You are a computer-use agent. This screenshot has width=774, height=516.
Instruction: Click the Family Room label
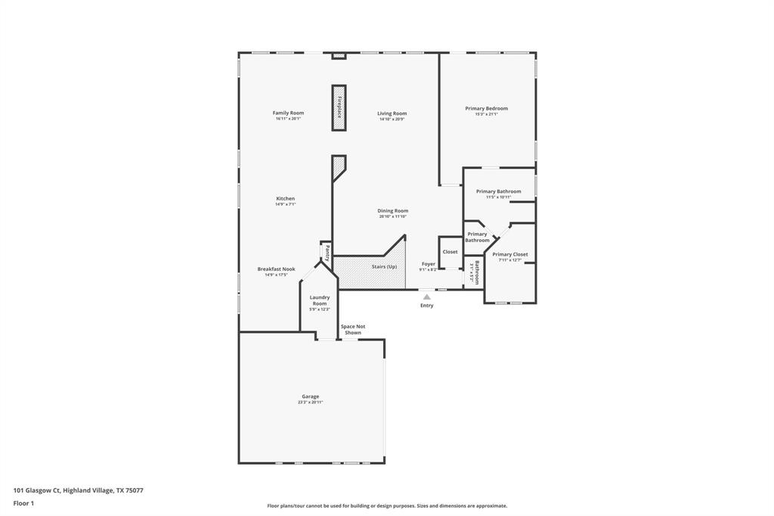288,113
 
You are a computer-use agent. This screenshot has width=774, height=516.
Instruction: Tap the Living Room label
392,113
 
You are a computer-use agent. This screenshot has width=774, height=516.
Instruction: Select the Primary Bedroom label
486,108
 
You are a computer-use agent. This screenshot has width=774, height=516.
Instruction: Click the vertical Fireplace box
339,107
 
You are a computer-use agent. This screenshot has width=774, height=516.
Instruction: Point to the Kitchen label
285,198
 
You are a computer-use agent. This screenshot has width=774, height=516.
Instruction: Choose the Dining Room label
393,210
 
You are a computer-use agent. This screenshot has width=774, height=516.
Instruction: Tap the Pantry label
327,253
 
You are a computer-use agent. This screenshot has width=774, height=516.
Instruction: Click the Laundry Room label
320,300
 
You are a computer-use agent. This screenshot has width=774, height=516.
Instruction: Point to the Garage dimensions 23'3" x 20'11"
310,403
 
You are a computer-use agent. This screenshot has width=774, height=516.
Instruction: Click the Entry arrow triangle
427,297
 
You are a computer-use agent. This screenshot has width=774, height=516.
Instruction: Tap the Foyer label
428,263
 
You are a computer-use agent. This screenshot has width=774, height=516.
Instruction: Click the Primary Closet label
510,254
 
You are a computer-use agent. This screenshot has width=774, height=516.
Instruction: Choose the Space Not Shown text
353,329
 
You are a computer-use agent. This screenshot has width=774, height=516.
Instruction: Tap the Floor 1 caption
23,503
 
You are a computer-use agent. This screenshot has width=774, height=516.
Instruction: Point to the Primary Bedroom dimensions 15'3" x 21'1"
486,114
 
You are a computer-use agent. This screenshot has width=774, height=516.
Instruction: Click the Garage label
310,396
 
